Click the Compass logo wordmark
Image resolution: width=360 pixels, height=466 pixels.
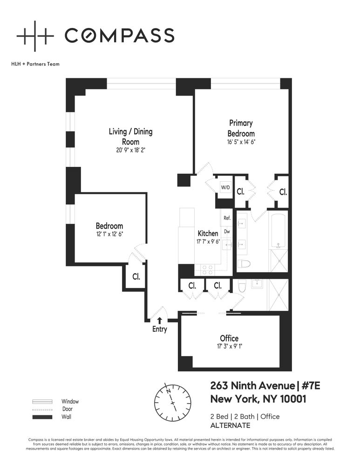pyautogui.click(x=119, y=35)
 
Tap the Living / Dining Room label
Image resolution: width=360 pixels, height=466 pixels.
pyautogui.click(x=130, y=137)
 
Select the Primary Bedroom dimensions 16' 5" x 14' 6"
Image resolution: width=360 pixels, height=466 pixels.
pyautogui.click(x=241, y=143)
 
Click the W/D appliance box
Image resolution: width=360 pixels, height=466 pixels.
pyautogui.click(x=225, y=187)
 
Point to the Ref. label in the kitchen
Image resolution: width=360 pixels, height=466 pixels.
pyautogui.click(x=227, y=218)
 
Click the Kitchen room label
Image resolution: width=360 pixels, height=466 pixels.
pyautogui.click(x=208, y=233)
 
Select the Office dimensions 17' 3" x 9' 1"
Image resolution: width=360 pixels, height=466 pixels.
pyautogui.click(x=229, y=347)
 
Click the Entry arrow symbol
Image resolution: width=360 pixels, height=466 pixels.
pyautogui.click(x=160, y=320)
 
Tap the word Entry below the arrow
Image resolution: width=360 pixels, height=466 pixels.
pyautogui.click(x=159, y=329)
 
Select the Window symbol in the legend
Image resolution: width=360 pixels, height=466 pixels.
pyautogui.click(x=41, y=401)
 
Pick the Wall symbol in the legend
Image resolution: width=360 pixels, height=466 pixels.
pyautogui.click(x=41, y=417)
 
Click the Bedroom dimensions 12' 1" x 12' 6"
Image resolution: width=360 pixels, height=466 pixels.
pyautogui.click(x=109, y=234)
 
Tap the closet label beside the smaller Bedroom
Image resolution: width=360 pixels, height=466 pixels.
pyautogui.click(x=136, y=276)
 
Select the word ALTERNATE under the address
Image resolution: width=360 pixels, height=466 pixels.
pyautogui.click(x=230, y=425)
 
